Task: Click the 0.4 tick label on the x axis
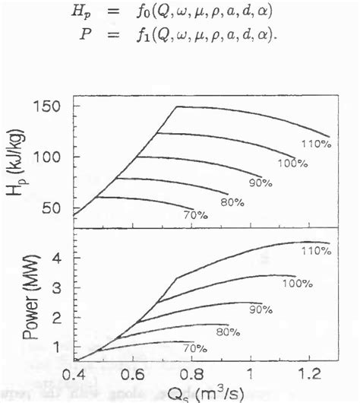[74, 374]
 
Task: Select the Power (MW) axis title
[23, 300]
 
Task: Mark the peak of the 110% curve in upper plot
[178, 106]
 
